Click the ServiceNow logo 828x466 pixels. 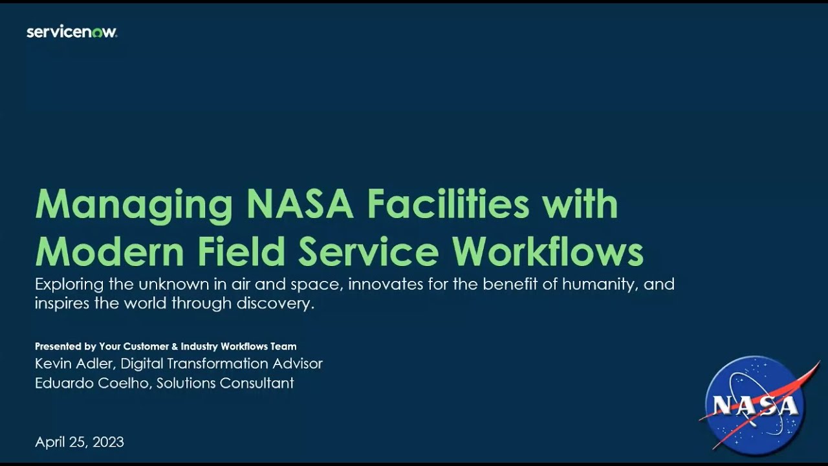click(x=72, y=32)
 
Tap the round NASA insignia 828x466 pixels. click(x=754, y=403)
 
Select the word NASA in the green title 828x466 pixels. click(x=300, y=205)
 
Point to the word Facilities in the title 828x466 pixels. click(x=448, y=205)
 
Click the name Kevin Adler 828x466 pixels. click(x=74, y=364)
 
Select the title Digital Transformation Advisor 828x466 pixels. click(x=222, y=364)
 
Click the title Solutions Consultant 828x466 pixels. click(x=225, y=383)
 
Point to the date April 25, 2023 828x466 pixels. click(x=80, y=442)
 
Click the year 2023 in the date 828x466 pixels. click(x=108, y=442)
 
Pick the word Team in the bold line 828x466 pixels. click(x=284, y=346)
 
